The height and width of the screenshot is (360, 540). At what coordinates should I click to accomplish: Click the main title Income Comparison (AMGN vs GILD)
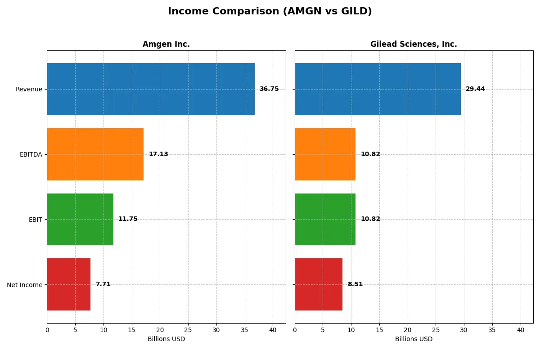(270, 12)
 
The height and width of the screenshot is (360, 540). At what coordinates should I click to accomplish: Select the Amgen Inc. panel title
(166, 44)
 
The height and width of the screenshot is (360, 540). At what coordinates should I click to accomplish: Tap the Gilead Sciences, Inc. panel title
(414, 44)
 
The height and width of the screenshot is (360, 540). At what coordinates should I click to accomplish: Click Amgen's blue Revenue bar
(151, 89)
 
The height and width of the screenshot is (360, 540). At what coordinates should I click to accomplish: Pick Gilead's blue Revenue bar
(378, 89)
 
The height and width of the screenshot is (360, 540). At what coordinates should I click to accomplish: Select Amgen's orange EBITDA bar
(95, 154)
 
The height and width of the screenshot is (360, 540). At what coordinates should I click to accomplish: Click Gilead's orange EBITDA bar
(325, 154)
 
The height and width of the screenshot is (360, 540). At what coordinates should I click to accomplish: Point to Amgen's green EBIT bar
(80, 219)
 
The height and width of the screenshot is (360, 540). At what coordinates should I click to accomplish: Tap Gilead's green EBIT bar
(325, 219)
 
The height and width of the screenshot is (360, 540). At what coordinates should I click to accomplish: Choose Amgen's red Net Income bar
(68, 284)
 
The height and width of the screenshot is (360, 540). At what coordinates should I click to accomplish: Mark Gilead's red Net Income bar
(319, 284)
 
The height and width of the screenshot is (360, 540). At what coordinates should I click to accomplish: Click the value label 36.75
(269, 89)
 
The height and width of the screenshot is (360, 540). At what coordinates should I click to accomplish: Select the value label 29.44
(475, 89)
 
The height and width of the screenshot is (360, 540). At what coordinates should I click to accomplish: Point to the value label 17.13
(158, 154)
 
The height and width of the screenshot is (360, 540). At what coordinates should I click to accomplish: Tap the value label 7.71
(103, 284)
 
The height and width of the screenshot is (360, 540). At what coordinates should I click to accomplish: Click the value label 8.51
(355, 284)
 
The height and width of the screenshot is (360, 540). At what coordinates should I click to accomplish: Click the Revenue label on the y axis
(29, 89)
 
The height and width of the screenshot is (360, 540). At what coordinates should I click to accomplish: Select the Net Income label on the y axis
(25, 285)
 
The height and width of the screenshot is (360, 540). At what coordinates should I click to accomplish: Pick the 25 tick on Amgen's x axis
(188, 329)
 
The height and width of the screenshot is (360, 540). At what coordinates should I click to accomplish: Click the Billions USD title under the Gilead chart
(414, 339)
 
